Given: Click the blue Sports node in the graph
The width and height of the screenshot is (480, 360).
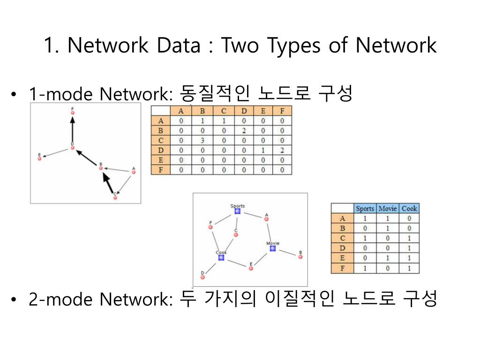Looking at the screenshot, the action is [237, 211].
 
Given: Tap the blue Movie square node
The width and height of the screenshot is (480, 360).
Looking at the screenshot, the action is [272, 248].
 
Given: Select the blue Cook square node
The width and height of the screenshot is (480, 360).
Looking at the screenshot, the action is [221, 258].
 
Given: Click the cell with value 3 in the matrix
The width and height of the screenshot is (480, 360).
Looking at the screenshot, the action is [202, 140].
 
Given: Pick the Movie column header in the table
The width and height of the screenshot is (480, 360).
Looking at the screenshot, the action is [388, 209].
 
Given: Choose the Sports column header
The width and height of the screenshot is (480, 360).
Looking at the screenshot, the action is [365, 209].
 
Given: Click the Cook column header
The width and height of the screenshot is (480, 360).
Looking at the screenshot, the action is [409, 209].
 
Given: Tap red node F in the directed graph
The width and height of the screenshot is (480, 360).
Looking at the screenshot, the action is [72, 113].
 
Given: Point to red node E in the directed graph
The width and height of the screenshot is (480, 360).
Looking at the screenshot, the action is [39, 159].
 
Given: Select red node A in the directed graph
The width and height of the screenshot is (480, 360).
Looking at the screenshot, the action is [134, 172].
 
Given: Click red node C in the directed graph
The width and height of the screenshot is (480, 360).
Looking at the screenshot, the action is [115, 198].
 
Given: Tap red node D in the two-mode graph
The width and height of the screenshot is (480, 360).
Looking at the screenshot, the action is [202, 277].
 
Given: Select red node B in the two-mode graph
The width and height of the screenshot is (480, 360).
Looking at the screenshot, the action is [300, 257].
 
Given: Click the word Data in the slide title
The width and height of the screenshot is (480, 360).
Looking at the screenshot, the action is [178, 45].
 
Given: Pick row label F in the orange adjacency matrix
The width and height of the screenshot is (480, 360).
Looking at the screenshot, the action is [161, 170].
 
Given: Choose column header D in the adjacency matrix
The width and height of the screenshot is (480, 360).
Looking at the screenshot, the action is [244, 111].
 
